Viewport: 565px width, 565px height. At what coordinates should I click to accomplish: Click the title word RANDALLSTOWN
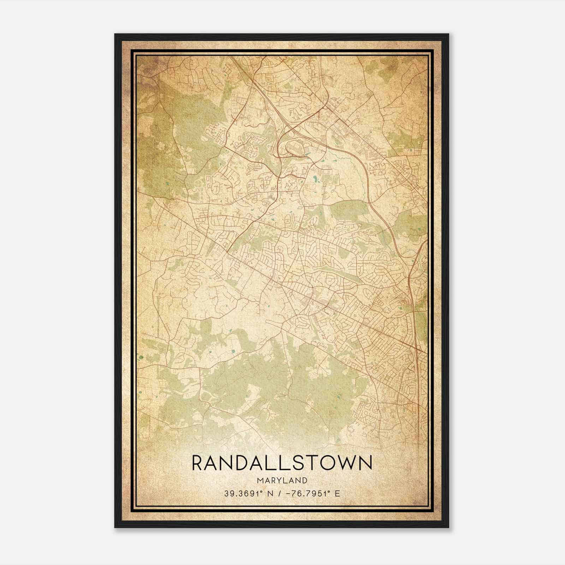click(x=282, y=463)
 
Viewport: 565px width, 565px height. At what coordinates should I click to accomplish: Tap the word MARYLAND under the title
click(x=282, y=480)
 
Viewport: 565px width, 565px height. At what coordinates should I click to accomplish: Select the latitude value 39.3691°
click(x=243, y=493)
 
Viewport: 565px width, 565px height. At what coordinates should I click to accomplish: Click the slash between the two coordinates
click(x=279, y=493)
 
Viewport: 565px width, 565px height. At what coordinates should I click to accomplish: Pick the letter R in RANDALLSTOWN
click(x=198, y=463)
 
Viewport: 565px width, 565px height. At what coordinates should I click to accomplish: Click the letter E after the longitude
click(x=338, y=493)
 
